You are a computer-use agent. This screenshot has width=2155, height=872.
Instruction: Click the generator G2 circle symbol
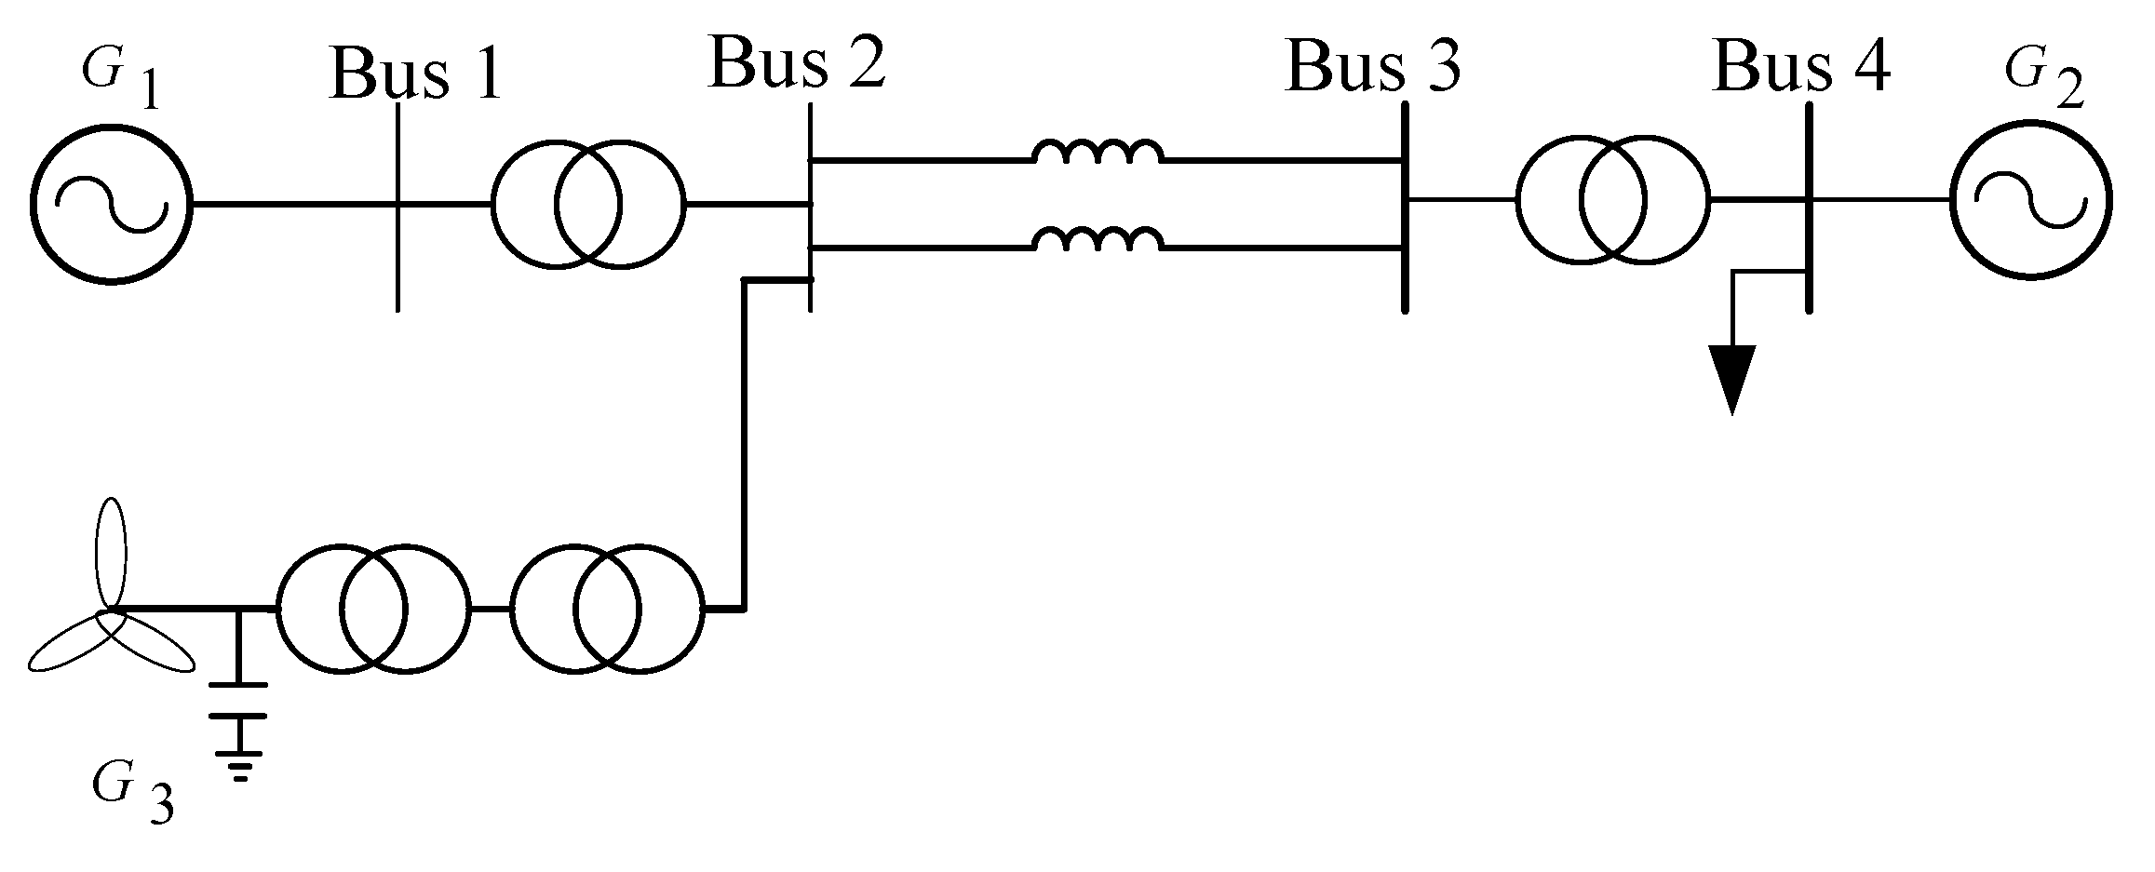click(2029, 200)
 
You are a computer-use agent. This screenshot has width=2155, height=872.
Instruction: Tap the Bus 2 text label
click(797, 63)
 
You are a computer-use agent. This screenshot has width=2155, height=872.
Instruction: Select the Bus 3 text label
click(1372, 66)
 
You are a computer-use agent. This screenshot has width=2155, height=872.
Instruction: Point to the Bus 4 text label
click(1801, 66)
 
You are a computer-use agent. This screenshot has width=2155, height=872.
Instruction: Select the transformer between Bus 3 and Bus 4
click(1612, 200)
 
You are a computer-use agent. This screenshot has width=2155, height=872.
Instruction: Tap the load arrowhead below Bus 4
click(1731, 377)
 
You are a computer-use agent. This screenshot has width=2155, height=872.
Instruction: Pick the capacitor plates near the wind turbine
click(238, 700)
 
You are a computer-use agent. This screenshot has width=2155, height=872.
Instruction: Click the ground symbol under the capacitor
click(240, 763)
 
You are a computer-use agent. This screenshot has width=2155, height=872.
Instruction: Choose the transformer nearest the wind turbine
click(372, 609)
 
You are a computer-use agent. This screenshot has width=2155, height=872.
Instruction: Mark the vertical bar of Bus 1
click(398, 207)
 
